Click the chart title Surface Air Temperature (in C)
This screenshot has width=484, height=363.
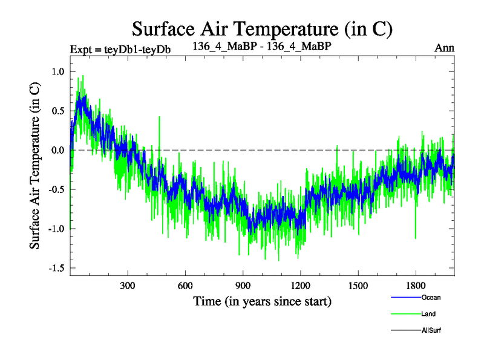point(263,29)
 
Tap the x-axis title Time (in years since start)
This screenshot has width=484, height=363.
point(262,301)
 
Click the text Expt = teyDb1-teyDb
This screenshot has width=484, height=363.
point(120,49)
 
